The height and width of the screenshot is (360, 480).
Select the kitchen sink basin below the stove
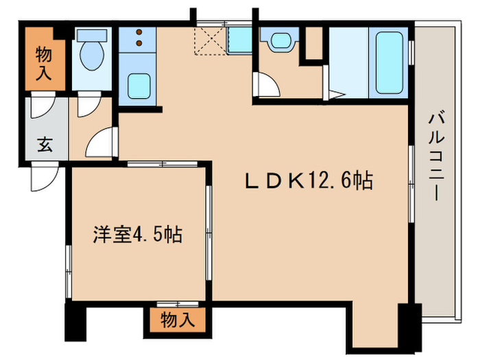[141, 86]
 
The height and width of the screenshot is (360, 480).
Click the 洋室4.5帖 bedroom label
[138, 235]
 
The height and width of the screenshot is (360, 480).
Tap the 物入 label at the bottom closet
[177, 320]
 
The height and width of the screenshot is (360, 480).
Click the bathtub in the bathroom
[387, 62]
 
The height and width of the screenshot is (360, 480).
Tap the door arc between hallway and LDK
[101, 145]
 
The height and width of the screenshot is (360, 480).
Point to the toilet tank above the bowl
[90, 36]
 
